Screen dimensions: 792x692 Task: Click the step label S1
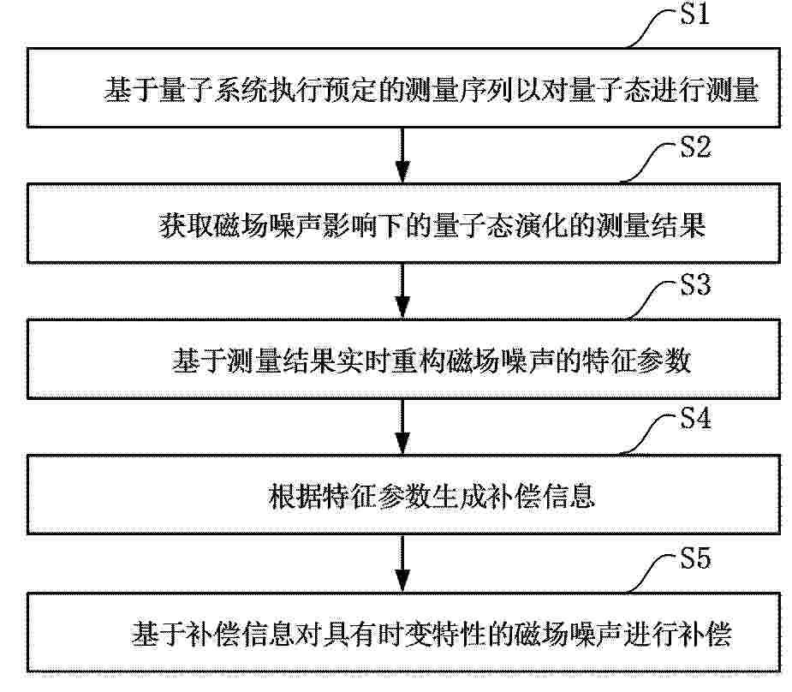pos(694,14)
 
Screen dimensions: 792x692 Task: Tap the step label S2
pos(695,147)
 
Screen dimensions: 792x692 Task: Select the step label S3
pos(695,284)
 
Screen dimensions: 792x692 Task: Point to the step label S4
pos(695,418)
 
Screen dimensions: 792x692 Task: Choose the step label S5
pos(695,558)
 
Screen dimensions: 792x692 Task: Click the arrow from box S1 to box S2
pos(402,154)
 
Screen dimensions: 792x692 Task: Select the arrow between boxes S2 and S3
pos(402,290)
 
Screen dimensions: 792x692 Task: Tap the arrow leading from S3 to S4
pos(402,427)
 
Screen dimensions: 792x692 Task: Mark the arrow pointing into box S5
pos(402,564)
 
